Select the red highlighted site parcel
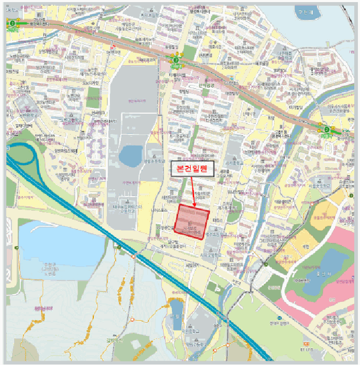pos(193,222)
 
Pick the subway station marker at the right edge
pos(327,130)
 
